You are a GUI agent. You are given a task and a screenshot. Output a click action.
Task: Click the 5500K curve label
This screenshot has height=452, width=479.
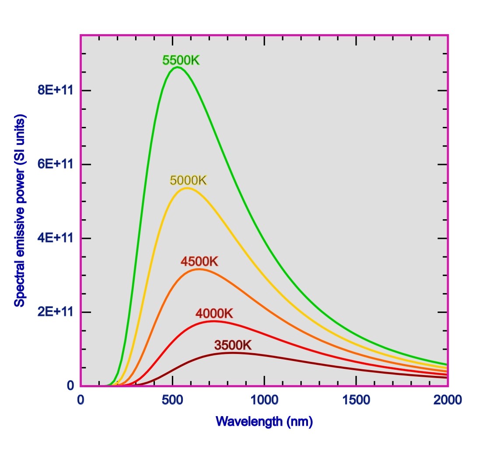[x=181, y=60]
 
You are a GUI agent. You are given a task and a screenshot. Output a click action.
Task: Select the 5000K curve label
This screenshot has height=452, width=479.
[x=188, y=180]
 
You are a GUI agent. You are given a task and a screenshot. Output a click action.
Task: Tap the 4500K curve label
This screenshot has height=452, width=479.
[x=199, y=262]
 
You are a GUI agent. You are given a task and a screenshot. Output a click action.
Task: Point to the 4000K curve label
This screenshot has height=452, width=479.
[x=214, y=314]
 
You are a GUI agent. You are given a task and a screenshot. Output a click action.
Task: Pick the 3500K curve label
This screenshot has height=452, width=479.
[x=233, y=345]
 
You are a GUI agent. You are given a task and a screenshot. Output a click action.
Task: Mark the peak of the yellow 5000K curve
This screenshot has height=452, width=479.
[x=187, y=188]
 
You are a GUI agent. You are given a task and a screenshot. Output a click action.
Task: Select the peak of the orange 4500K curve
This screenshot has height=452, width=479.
[x=199, y=269]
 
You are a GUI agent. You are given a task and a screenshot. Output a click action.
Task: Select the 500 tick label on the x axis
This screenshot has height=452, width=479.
[x=172, y=400]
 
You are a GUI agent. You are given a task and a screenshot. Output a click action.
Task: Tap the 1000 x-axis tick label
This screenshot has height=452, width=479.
[x=264, y=400]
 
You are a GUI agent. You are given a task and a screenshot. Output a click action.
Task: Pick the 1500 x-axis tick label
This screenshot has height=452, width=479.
[x=356, y=400]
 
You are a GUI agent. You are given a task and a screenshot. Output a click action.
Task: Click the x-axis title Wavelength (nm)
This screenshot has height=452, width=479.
[x=264, y=422]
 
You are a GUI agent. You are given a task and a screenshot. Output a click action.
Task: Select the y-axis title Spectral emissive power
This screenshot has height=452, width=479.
[x=20, y=210]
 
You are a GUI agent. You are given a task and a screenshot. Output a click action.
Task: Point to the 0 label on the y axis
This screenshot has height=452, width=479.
[x=70, y=386]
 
